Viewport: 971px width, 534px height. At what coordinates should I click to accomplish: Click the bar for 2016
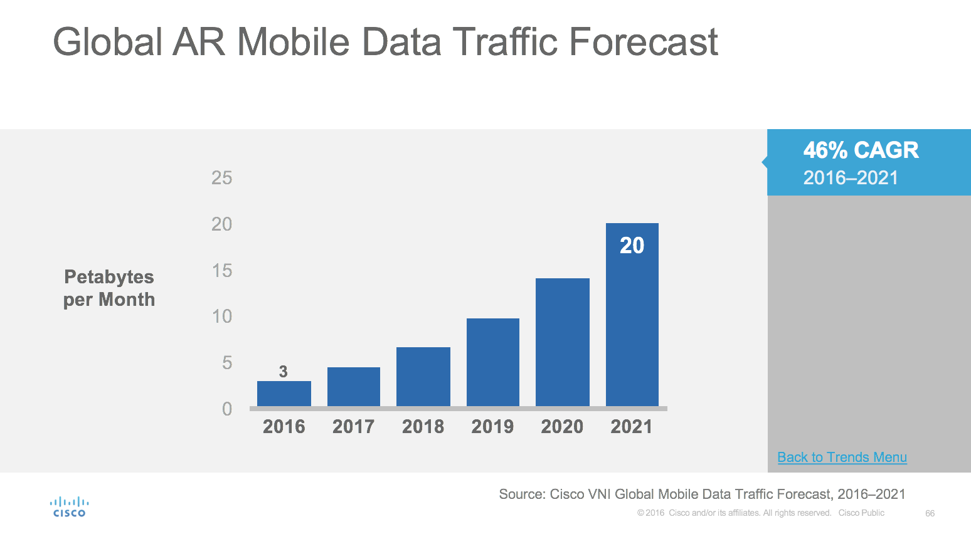[284, 394]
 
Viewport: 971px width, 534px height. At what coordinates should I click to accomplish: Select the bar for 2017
[354, 387]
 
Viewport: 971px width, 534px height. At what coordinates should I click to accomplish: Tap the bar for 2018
[423, 377]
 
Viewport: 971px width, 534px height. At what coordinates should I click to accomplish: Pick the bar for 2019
[493, 362]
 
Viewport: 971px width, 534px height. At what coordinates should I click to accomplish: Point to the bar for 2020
[563, 342]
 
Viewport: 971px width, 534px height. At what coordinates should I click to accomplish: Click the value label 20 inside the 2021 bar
[632, 246]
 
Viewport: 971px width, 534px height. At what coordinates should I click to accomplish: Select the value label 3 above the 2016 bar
[284, 372]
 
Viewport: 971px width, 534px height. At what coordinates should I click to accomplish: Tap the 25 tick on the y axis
[222, 178]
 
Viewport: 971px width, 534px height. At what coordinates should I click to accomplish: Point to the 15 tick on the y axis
[222, 271]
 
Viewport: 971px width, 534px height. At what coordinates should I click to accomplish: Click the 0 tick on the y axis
[227, 409]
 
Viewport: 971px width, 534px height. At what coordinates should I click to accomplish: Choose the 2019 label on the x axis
[492, 427]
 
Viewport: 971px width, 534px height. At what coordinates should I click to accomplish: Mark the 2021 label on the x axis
[632, 427]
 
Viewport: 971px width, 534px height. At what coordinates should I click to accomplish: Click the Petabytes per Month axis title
[109, 288]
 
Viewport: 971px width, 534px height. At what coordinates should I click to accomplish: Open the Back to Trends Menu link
[842, 458]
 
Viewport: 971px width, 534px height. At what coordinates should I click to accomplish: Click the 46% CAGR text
[861, 150]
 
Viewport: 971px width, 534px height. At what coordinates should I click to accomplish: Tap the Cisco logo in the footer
[69, 507]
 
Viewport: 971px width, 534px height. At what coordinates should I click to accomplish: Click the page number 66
[930, 513]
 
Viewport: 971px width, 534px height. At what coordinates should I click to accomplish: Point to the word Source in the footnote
[521, 495]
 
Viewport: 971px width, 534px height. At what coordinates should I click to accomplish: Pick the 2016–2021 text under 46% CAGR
[851, 178]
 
